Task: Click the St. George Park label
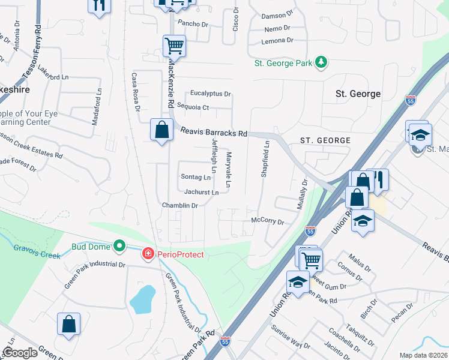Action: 283,63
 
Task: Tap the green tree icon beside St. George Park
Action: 321,62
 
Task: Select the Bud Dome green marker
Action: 119,245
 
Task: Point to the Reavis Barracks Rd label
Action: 211,133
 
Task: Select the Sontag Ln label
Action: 196,177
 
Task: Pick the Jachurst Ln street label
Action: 201,193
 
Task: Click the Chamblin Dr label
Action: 179,206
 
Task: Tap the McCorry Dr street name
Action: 267,221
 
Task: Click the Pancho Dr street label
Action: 193,25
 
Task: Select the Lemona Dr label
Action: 277,41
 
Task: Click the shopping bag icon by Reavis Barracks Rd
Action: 161,130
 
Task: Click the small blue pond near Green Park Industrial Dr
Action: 142,299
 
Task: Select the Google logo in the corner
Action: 20,353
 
